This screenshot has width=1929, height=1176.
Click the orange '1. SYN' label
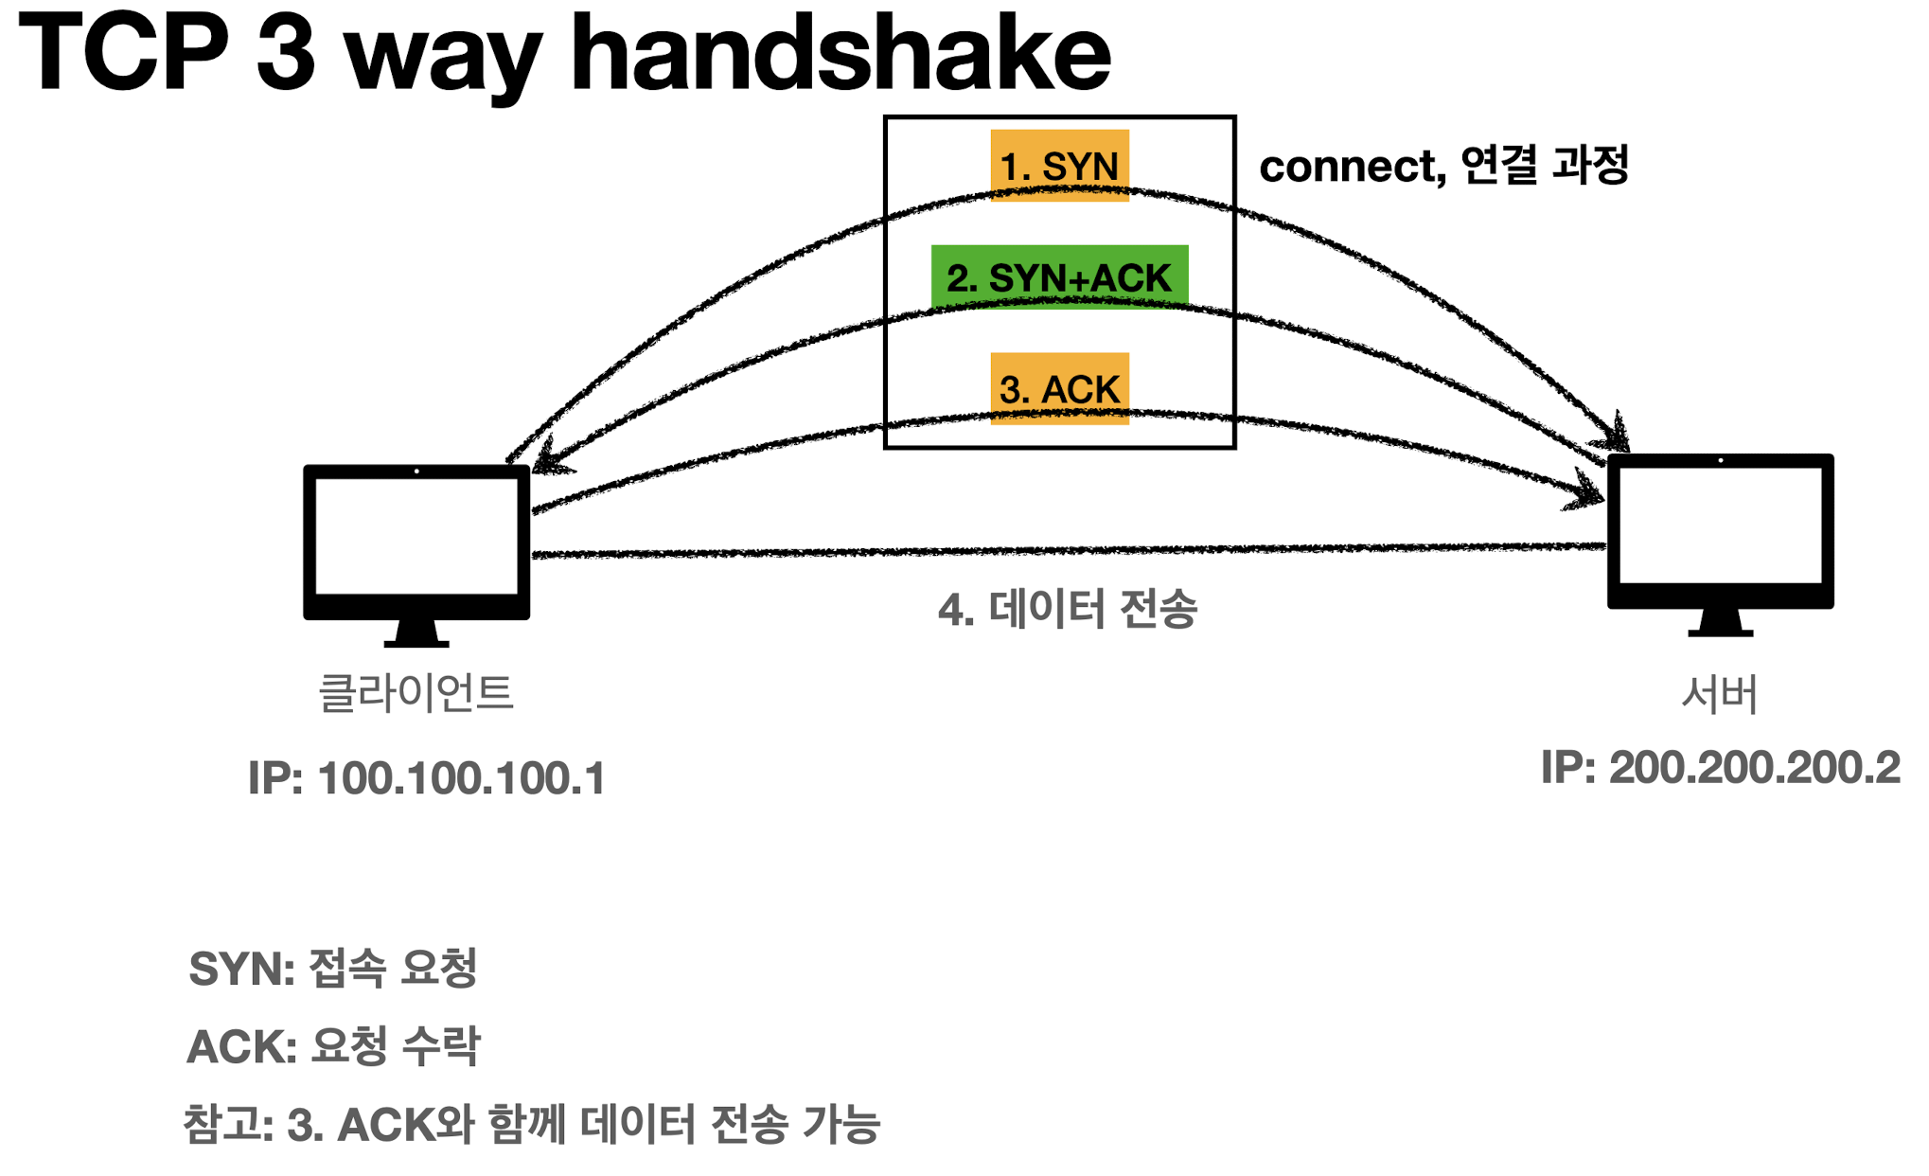click(x=1059, y=166)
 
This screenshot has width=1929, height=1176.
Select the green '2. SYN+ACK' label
click(x=1059, y=277)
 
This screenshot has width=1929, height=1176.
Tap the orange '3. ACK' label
click(x=1059, y=389)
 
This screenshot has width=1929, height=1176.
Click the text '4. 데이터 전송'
click(x=1068, y=609)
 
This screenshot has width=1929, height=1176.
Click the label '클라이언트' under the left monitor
click(x=416, y=692)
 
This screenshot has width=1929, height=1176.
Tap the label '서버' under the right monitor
click(x=1719, y=694)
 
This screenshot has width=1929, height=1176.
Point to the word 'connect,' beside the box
click(x=1352, y=168)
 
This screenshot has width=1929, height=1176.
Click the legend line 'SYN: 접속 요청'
click(x=332, y=968)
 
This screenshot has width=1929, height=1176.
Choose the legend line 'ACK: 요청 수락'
click(x=333, y=1045)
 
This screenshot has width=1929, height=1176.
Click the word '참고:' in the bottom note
click(x=228, y=1125)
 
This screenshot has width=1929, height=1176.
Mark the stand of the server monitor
click(x=1720, y=622)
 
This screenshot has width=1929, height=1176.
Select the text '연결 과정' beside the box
click(x=1544, y=166)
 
